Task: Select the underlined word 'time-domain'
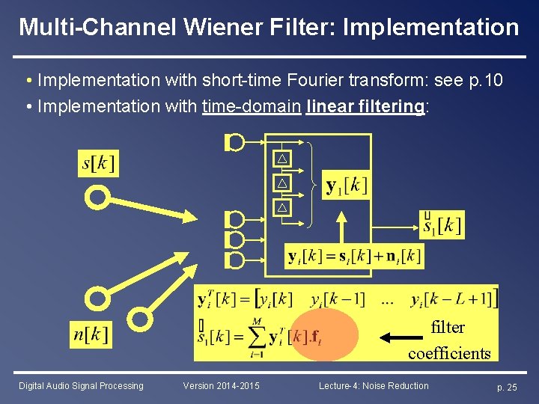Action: coord(251,106)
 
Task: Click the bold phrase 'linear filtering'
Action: coord(365,106)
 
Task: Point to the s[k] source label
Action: coord(98,163)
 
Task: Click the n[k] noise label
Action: coord(91,334)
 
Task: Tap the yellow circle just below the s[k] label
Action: coord(97,198)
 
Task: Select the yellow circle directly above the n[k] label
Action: coord(97,299)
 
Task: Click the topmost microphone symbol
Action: coord(235,141)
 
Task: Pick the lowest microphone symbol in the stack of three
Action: coord(235,260)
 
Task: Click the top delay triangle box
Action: coord(282,159)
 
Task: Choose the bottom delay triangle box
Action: coord(282,206)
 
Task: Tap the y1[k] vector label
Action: coord(346,186)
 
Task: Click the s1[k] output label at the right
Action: coord(442,224)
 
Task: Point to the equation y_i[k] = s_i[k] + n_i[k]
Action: coord(354,256)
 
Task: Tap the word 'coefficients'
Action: coord(449,353)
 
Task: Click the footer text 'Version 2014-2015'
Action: coord(222,386)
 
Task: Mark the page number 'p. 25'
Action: coord(507,387)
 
